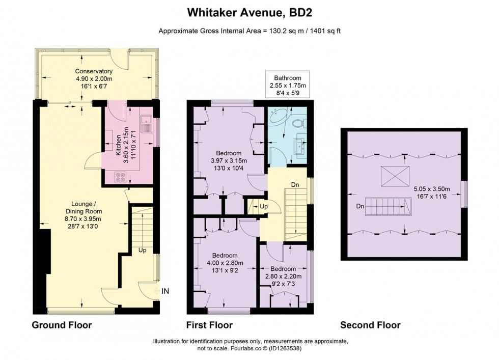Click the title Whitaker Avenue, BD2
tap(249, 11)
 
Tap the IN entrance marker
tap(165, 291)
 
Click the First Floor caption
tap(209, 325)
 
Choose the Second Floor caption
tap(370, 325)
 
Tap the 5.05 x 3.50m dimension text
tap(438, 187)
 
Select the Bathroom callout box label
tap(288, 78)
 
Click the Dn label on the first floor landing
tap(294, 184)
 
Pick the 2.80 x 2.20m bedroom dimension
tap(283, 276)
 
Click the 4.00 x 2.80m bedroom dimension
tap(224, 263)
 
